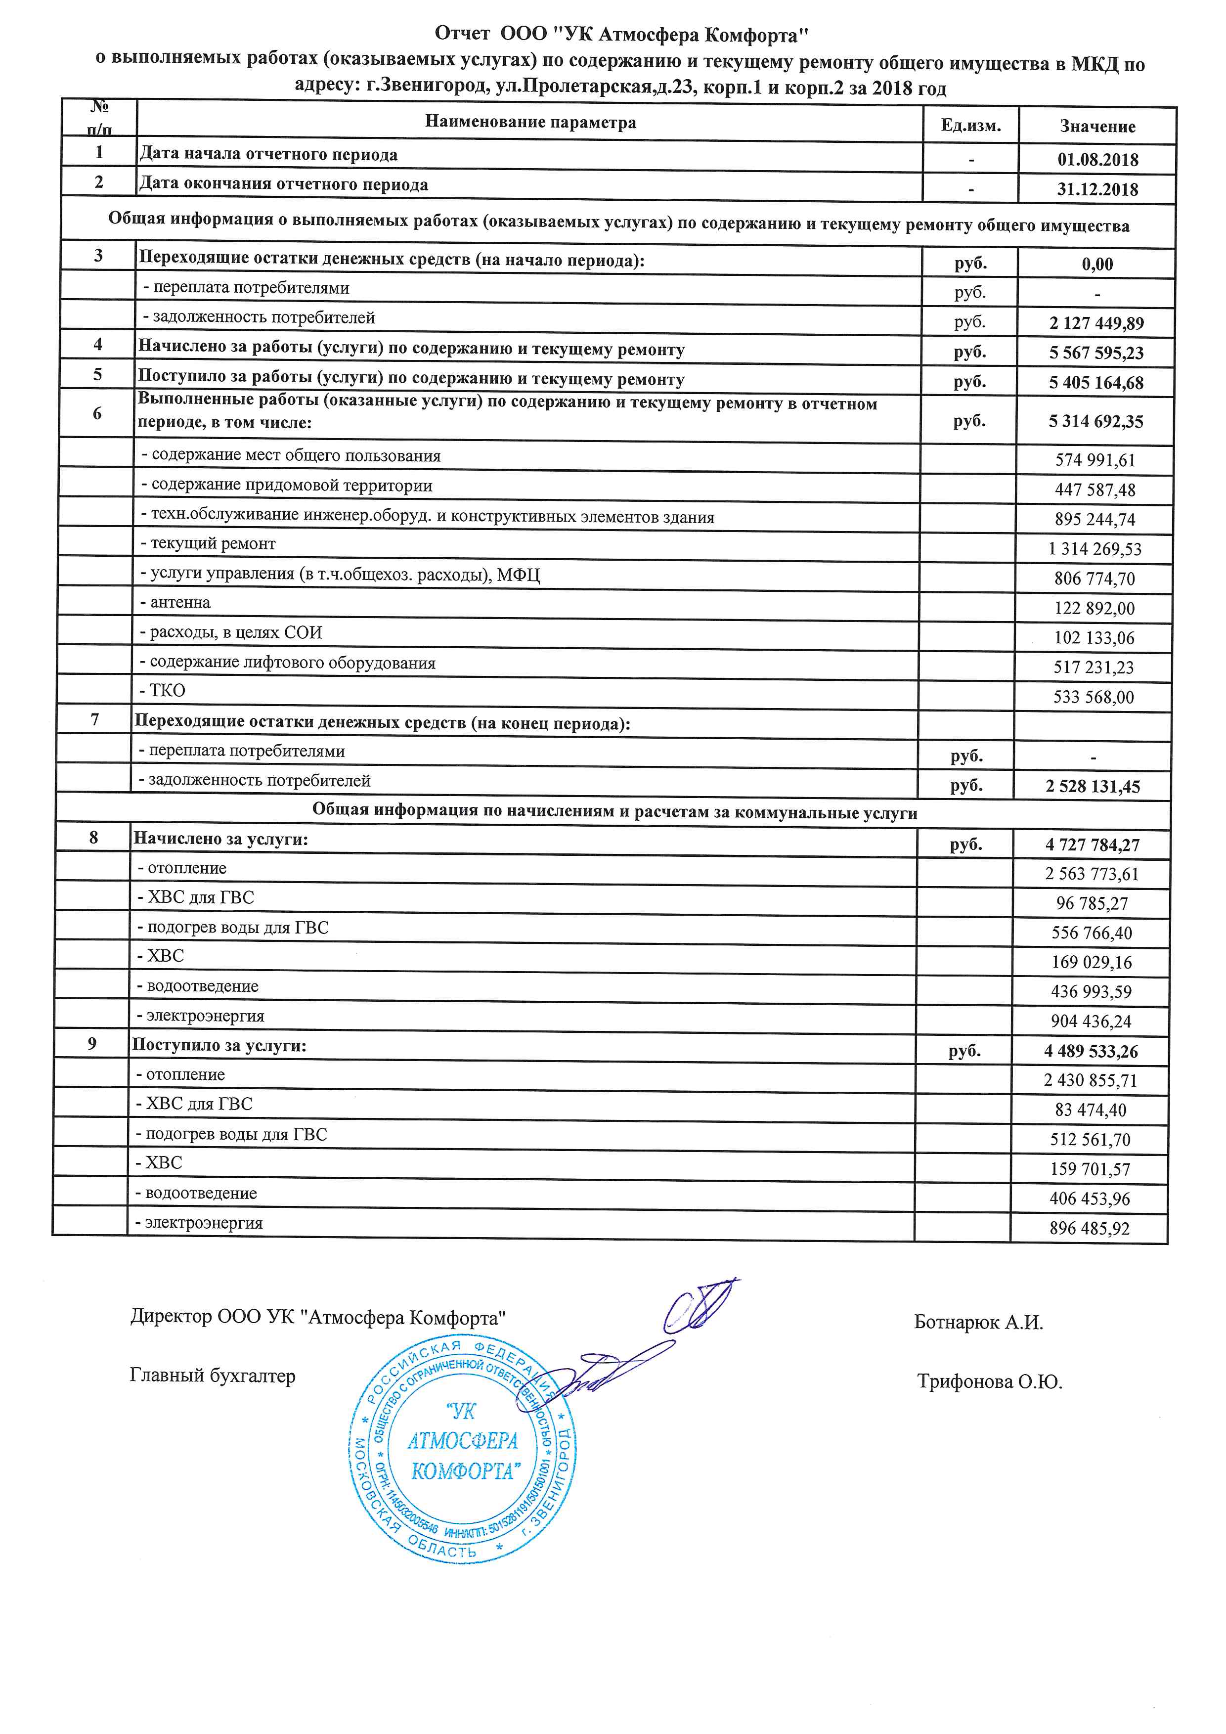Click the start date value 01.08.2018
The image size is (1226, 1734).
(1097, 159)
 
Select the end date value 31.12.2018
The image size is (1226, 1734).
(1097, 189)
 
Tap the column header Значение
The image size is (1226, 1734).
(1097, 126)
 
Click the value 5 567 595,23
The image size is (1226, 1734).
(1096, 353)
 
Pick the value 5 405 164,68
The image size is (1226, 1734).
(1096, 382)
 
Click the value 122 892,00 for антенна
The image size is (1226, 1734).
(1094, 608)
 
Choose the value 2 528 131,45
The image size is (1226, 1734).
(1093, 786)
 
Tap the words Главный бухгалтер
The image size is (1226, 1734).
(213, 1376)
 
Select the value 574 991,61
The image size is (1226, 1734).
(1095, 460)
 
